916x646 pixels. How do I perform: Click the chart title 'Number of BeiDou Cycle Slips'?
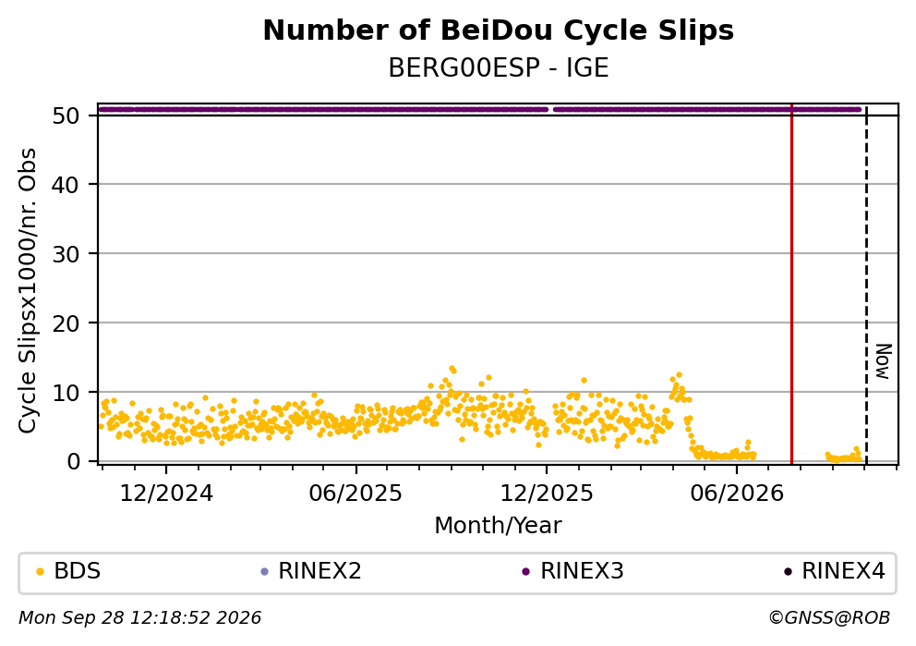[499, 30]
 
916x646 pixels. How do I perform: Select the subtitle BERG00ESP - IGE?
[499, 68]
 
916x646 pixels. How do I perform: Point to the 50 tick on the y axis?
[66, 116]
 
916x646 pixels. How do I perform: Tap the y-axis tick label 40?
[66, 185]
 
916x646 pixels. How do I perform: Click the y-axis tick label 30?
[66, 254]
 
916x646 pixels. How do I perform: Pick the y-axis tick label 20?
[66, 323]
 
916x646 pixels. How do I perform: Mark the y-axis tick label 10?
[66, 392]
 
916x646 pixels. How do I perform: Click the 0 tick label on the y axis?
[73, 461]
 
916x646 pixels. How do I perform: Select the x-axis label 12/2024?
[166, 494]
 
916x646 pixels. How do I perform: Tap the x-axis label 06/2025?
[356, 494]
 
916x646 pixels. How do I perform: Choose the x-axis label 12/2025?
[547, 494]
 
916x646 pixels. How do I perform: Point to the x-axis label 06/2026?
[737, 494]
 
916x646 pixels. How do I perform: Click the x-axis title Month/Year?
[498, 526]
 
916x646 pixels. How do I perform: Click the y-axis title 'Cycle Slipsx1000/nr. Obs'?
[27, 290]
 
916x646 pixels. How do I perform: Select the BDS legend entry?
[68, 571]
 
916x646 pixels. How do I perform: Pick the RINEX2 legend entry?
[311, 571]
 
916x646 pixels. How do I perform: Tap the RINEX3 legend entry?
[573, 571]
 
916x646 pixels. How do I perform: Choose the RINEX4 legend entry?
[835, 571]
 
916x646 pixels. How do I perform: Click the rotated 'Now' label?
[884, 361]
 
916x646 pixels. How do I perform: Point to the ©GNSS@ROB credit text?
[829, 618]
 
